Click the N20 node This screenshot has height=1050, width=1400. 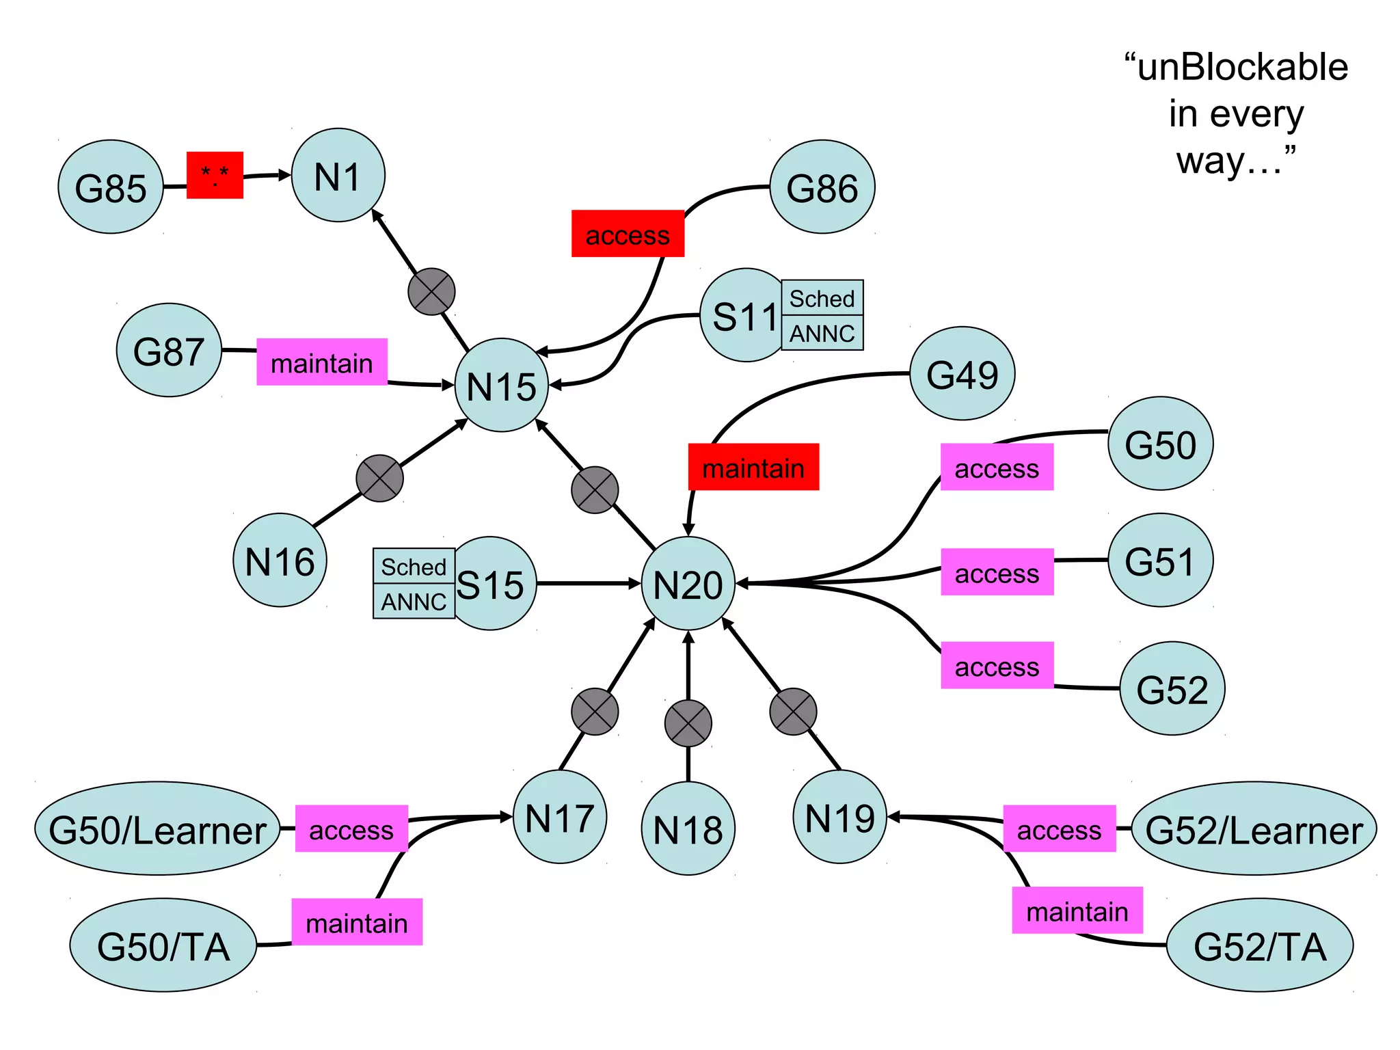(x=688, y=583)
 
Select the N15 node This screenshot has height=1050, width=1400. (x=501, y=385)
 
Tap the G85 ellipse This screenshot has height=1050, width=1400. (x=111, y=187)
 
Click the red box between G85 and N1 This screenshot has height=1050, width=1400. (x=215, y=175)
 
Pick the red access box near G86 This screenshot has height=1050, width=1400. (x=628, y=234)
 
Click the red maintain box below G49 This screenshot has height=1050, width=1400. (x=753, y=467)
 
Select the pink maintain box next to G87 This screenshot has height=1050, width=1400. (x=322, y=362)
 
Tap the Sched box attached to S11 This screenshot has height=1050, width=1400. (x=822, y=298)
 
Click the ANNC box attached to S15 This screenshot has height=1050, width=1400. (x=414, y=602)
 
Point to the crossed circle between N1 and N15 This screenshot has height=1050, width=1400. (x=431, y=292)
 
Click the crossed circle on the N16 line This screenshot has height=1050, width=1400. (x=379, y=479)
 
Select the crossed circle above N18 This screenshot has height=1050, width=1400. (x=688, y=723)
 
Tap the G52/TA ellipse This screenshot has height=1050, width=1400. (x=1259, y=945)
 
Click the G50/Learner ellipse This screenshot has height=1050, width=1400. (x=157, y=829)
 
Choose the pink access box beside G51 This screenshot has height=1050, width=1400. (x=997, y=572)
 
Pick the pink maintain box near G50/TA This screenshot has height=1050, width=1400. (x=357, y=921)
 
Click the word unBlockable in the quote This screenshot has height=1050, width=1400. (x=1243, y=67)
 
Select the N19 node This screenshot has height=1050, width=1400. (x=839, y=817)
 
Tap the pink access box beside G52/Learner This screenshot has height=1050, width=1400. (x=1059, y=829)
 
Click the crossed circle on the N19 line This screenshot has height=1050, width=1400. (x=793, y=712)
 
